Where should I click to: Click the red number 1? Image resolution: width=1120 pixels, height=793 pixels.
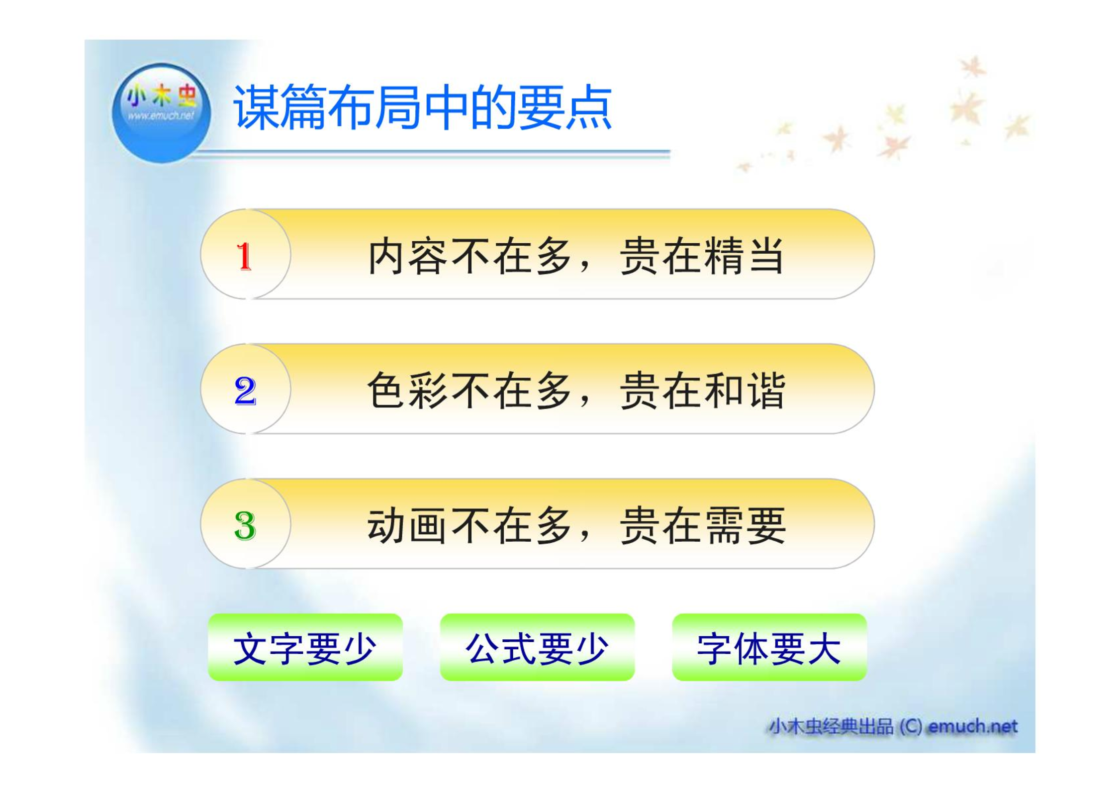pos(244,256)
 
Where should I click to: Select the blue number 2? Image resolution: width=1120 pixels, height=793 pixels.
pos(245,391)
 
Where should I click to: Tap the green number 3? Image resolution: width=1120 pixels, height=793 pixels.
pos(245,526)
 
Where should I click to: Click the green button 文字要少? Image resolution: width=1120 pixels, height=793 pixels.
pos(305,647)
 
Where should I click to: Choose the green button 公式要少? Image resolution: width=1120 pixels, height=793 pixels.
pos(537,647)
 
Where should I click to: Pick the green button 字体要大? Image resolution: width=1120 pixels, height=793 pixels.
pos(769,647)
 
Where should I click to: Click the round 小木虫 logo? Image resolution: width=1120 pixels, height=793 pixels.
pos(161,113)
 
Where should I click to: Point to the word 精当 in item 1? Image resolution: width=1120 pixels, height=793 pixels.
pos(745,256)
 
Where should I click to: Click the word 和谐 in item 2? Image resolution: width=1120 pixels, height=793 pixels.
pos(745,391)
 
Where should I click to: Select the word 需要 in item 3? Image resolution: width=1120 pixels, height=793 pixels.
pos(745,525)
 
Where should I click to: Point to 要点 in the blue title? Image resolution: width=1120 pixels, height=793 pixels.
pos(564,107)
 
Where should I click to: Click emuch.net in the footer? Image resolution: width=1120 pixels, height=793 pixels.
pos(973,726)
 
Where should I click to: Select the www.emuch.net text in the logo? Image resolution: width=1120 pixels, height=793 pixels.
pos(161,116)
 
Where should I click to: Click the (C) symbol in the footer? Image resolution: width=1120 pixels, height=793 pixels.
pos(911,727)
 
